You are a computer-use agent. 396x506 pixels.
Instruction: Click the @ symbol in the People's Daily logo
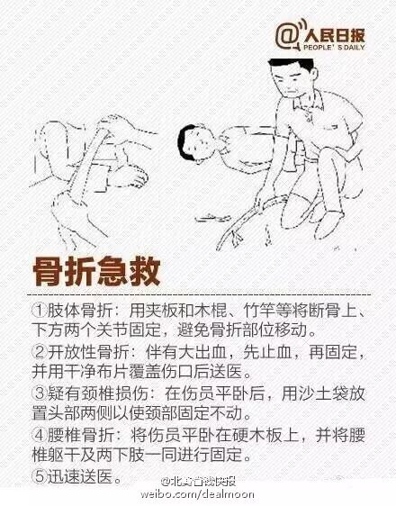click(287, 36)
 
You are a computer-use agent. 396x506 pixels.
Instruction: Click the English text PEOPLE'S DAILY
click(334, 48)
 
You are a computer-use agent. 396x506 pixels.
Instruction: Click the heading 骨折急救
click(96, 272)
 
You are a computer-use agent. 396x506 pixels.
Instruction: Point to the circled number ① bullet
click(40, 311)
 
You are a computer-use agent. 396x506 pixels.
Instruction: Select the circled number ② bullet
click(40, 352)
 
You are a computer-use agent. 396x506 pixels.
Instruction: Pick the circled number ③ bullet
click(40, 393)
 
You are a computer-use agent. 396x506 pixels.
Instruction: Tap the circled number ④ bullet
click(40, 435)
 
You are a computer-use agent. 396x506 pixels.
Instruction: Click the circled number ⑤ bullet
click(40, 476)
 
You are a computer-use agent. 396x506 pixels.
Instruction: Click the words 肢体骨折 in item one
click(80, 311)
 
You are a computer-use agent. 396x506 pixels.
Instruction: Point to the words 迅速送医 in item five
click(80, 476)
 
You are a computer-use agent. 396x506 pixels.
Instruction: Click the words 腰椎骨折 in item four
click(80, 435)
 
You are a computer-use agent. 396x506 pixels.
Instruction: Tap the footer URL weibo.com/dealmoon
click(197, 494)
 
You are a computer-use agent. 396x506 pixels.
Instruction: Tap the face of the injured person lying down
click(198, 144)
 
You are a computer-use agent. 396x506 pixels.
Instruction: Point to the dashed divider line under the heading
click(199, 295)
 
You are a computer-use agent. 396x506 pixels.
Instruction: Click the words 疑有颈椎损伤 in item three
click(96, 393)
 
